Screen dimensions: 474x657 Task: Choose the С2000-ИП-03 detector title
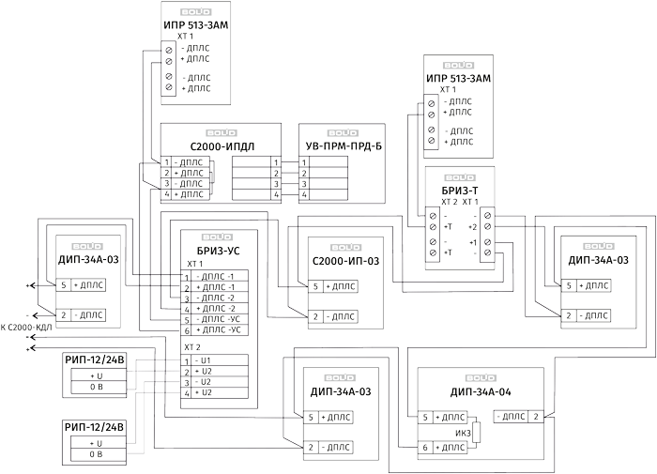click(344, 261)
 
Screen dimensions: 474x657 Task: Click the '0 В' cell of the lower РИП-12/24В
click(96, 454)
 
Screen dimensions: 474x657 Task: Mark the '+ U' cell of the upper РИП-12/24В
click(96, 375)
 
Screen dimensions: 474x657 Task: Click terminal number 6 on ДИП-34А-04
click(425, 449)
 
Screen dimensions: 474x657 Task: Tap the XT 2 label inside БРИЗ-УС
click(191, 347)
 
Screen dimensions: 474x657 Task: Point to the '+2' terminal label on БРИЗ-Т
click(473, 227)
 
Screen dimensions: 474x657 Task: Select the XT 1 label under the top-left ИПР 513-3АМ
click(173, 36)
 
